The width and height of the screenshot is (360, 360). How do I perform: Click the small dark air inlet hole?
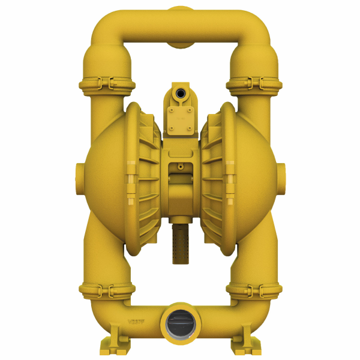pyautogui.click(x=179, y=94)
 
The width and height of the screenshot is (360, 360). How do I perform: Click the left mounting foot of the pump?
pyautogui.click(x=112, y=346)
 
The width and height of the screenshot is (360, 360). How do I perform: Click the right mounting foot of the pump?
pyautogui.click(x=247, y=346)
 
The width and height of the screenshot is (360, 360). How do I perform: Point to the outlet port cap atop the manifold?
pyautogui.click(x=180, y=10)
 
